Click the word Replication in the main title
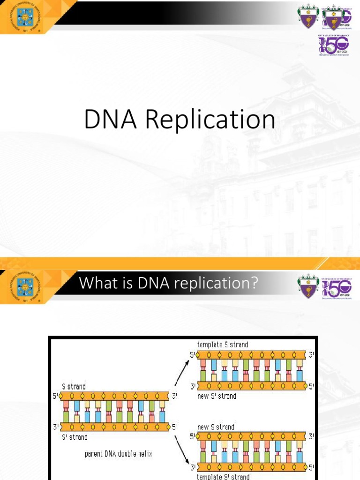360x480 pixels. (210, 120)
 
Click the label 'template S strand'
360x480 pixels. (223, 345)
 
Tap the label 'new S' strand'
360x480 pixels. (217, 396)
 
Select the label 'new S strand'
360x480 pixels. (216, 427)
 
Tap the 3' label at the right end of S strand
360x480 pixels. (174, 396)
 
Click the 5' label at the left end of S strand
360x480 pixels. (55, 396)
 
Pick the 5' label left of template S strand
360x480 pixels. (192, 355)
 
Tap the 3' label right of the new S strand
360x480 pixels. (312, 437)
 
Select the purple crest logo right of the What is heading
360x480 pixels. (308, 286)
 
